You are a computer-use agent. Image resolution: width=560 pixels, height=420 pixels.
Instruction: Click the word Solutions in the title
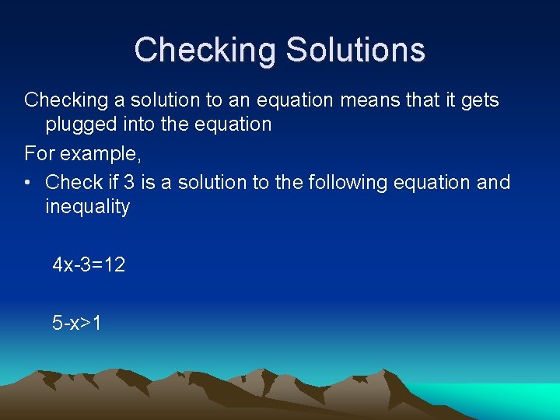(x=355, y=50)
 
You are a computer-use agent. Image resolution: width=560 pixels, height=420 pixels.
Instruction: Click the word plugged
(x=83, y=124)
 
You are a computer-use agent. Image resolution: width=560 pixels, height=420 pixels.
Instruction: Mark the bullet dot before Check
(x=28, y=183)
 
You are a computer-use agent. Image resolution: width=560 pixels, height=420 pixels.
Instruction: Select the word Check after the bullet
(x=75, y=183)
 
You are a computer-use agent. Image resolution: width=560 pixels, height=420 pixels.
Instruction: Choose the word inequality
(x=87, y=208)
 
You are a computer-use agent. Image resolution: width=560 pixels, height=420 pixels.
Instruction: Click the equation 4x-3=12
(x=89, y=265)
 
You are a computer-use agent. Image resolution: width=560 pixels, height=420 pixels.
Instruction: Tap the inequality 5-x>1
(x=76, y=323)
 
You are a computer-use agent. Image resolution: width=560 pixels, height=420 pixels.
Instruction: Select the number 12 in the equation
(x=114, y=265)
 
